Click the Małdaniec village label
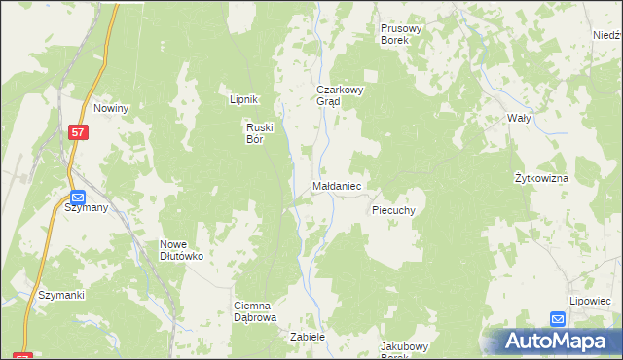(338, 185)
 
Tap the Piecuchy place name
(394, 209)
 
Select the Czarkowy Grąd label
(339, 95)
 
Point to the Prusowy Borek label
(401, 35)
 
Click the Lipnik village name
(242, 99)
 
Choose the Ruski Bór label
(261, 131)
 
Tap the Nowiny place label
(112, 108)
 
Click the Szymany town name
(87, 208)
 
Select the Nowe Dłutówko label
(181, 250)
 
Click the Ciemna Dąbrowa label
(257, 311)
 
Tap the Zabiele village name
(307, 337)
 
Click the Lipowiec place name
(587, 302)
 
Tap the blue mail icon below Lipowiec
(557, 318)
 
